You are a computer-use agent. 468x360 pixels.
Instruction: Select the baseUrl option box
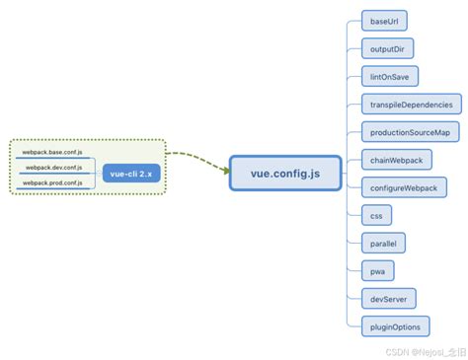tap(384, 21)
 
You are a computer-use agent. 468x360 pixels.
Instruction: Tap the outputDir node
tap(386, 48)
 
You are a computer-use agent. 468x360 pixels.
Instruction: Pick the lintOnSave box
tap(388, 76)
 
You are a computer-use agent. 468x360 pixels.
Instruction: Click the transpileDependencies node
tap(411, 104)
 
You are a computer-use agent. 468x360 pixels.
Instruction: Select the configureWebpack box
tap(402, 186)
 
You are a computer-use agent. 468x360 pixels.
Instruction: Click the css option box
tap(376, 214)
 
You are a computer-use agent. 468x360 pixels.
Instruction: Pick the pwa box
tap(377, 269)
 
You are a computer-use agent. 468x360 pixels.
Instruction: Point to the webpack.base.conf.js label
tap(52, 153)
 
